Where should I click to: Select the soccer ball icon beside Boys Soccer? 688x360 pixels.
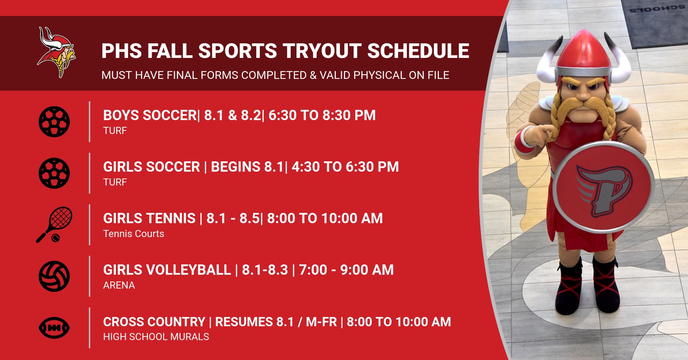coord(54,122)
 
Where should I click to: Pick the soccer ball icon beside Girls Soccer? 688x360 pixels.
coord(54,173)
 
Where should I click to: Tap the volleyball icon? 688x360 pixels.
coord(54,276)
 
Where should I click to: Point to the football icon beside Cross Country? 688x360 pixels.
coord(54,328)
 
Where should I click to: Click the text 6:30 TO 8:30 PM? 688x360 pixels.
coord(322,115)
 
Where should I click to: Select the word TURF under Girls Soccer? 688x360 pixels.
coord(115,182)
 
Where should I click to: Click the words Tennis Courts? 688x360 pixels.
coord(134,234)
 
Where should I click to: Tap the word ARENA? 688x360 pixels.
coord(119,285)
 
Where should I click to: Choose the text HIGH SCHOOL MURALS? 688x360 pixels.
coord(156,337)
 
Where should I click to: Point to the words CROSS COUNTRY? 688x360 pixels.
coord(154,322)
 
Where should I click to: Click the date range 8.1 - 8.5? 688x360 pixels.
coord(233,219)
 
